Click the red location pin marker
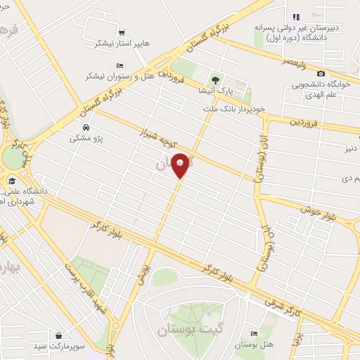pos(181,165)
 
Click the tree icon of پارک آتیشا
pos(216,79)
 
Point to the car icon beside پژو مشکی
pos(86,128)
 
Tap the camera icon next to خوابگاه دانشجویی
pos(321,74)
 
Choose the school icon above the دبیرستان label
pos(296,17)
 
